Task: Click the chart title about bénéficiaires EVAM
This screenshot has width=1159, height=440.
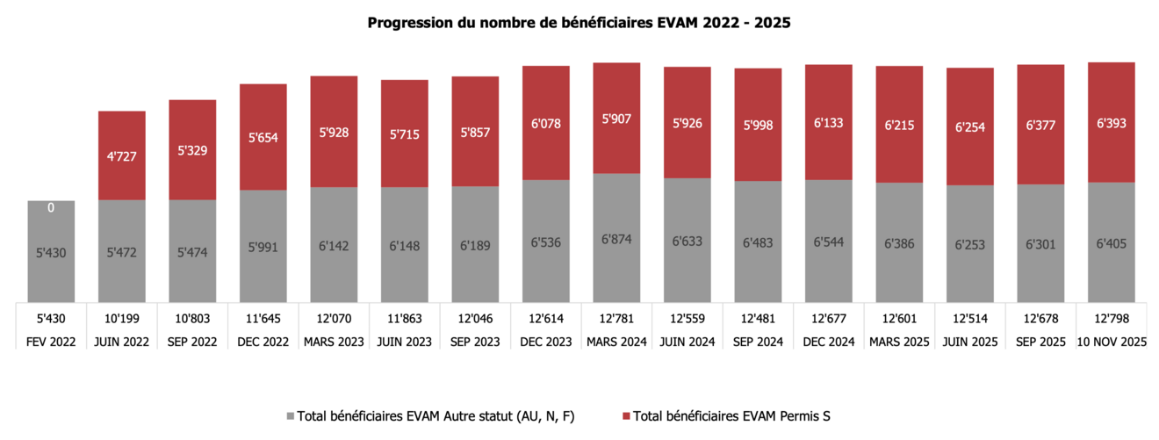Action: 579,24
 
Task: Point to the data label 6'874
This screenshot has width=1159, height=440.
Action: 616,239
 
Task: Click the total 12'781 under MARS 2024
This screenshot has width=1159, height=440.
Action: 616,317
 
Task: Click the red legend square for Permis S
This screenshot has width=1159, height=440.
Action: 625,415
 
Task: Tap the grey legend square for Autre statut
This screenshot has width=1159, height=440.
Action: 291,415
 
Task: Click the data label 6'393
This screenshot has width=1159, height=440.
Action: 1112,124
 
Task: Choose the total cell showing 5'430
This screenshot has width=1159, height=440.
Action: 51,317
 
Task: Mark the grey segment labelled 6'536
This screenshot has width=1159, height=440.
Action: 545,241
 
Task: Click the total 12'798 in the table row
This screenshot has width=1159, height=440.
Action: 1112,317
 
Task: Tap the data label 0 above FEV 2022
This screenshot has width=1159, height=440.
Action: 51,208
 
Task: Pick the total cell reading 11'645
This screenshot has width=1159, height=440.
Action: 263,317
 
